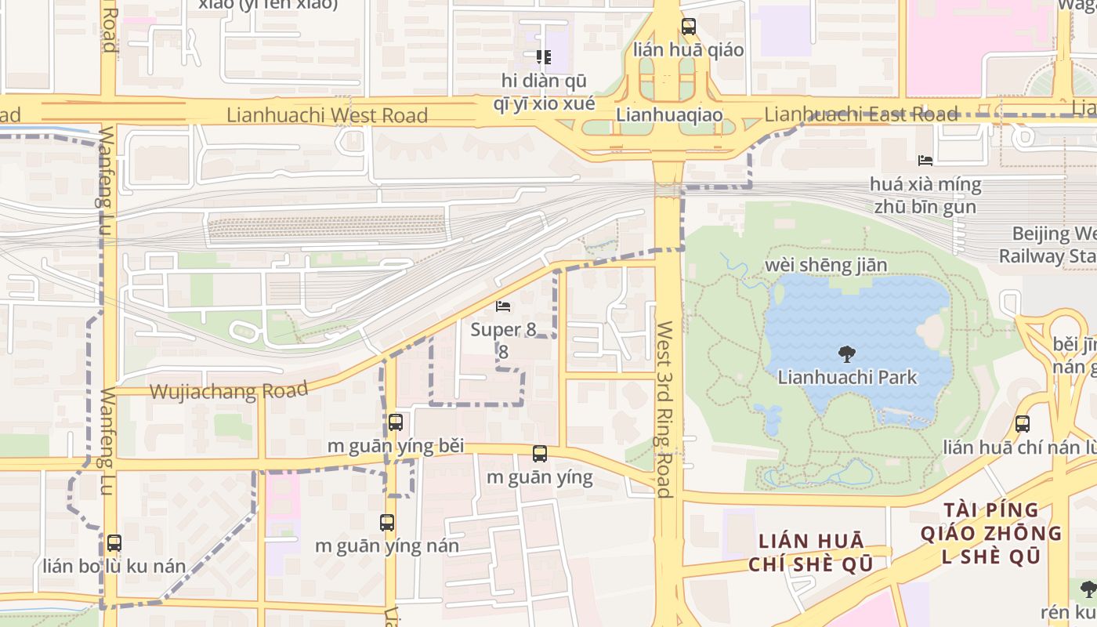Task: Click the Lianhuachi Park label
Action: [x=847, y=377]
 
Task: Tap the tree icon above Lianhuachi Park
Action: [x=847, y=354]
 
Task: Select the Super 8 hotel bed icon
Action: [x=503, y=306]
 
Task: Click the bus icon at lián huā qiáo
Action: [x=688, y=27]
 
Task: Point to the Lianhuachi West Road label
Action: [x=327, y=115]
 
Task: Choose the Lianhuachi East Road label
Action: [x=860, y=114]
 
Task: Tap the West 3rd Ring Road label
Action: [x=664, y=409]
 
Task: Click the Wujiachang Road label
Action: [x=228, y=390]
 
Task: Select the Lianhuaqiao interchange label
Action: [x=668, y=114]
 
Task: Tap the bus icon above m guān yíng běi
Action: [x=396, y=422]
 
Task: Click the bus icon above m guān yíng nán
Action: [x=386, y=523]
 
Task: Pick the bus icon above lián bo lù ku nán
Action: [x=114, y=542]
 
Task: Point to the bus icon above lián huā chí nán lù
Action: [x=1022, y=424]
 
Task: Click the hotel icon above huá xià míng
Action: [x=925, y=161]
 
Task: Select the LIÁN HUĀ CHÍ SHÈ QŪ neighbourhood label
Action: [x=810, y=553]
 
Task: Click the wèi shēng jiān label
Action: [x=826, y=265]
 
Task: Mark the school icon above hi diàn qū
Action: [x=543, y=57]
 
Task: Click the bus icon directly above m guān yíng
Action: [x=539, y=454]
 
